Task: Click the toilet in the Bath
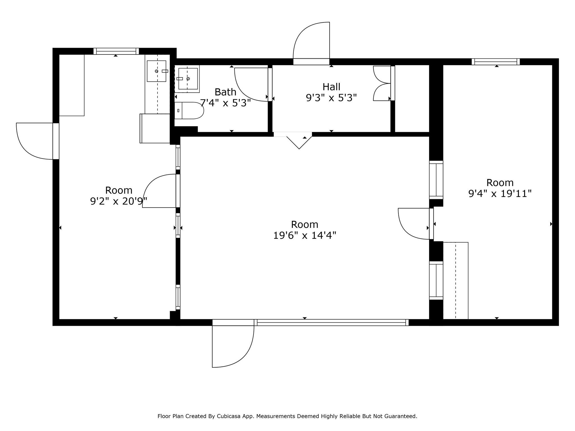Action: (189, 111)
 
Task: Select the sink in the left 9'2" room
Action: (157, 71)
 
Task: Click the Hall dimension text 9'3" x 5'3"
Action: (331, 98)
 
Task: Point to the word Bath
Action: (225, 92)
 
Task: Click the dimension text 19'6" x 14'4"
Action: (305, 235)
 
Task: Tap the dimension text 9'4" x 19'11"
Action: (500, 194)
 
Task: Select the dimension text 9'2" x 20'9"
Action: (119, 201)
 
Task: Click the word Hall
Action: (332, 87)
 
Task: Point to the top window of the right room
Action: (496, 62)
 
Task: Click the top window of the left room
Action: (116, 51)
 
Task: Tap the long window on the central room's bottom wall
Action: (331, 323)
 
